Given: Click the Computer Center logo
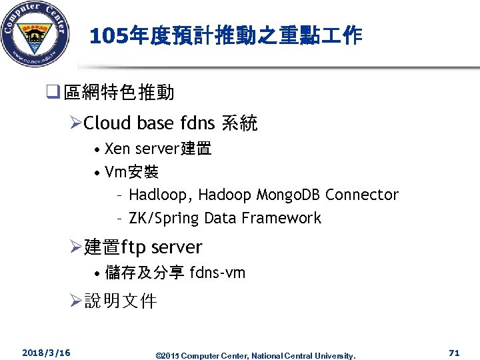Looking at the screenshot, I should [35, 35].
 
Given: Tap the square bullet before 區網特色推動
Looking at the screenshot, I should [56, 93].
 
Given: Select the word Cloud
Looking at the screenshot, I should [108, 123].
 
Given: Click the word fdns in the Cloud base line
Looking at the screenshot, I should [197, 123].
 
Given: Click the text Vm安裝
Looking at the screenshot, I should [131, 173].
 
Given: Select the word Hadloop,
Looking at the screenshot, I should [161, 195].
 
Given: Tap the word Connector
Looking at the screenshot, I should [362, 195].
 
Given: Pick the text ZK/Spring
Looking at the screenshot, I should [164, 218].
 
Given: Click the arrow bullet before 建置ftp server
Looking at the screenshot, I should [75, 247].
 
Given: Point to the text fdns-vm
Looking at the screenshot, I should [217, 273].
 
